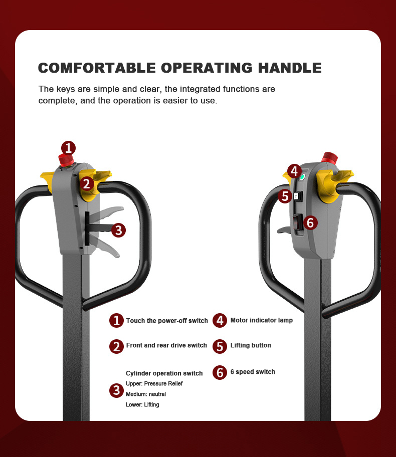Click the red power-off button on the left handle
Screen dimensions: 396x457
pyautogui.click(x=66, y=160)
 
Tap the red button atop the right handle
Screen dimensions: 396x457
pyautogui.click(x=329, y=157)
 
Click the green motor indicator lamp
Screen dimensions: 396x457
pyautogui.click(x=302, y=176)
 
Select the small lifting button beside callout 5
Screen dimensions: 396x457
pyautogui.click(x=297, y=196)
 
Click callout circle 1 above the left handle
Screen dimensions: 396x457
pyautogui.click(x=68, y=148)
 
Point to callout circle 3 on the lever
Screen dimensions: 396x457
pyautogui.click(x=118, y=230)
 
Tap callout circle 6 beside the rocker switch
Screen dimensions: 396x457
pyautogui.click(x=310, y=222)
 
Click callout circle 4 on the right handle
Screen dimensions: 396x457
pyautogui.click(x=294, y=171)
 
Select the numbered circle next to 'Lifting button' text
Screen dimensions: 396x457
pyautogui.click(x=220, y=346)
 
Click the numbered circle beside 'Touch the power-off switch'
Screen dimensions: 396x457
pyautogui.click(x=116, y=320)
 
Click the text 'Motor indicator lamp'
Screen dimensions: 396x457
pyautogui.click(x=262, y=320)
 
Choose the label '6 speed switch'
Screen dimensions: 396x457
pyautogui.click(x=253, y=372)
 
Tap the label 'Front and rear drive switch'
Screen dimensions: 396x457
pyautogui.click(x=166, y=345)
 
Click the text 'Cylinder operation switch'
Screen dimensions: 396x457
pyautogui.click(x=164, y=373)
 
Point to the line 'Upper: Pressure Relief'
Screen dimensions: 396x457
pyautogui.click(x=154, y=383)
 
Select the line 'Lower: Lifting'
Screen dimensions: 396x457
pyautogui.click(x=142, y=404)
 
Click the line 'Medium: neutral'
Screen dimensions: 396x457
pyautogui.click(x=146, y=394)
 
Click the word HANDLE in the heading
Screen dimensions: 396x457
pyautogui.click(x=290, y=68)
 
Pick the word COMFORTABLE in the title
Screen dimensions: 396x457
pyautogui.click(x=97, y=68)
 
